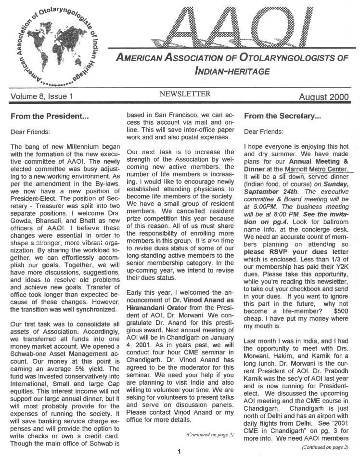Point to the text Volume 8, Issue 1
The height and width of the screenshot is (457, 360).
41,96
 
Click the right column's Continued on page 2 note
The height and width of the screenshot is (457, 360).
325,447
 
